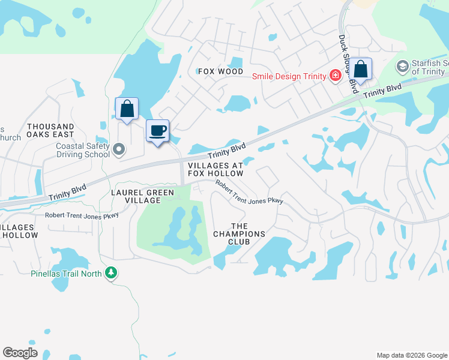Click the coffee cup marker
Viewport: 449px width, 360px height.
click(158, 131)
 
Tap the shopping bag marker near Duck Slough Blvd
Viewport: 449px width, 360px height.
click(361, 68)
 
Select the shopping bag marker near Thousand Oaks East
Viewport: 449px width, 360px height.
click(127, 109)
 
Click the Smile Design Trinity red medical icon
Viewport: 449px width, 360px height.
click(335, 76)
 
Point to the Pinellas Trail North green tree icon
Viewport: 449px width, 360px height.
click(110, 274)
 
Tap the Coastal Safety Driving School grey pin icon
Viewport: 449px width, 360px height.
click(119, 149)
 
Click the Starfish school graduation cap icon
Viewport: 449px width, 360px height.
click(402, 65)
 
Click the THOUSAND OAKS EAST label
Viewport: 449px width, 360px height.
click(50, 131)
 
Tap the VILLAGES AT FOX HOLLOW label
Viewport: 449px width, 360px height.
click(215, 169)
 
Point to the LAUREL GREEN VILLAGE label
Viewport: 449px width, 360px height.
click(143, 196)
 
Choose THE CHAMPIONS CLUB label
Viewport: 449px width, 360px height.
click(239, 238)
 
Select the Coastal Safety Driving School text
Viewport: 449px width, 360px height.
click(83, 150)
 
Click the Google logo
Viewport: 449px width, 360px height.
click(20, 353)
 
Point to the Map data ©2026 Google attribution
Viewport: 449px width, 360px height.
click(412, 355)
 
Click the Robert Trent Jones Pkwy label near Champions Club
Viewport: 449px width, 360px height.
click(249, 193)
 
